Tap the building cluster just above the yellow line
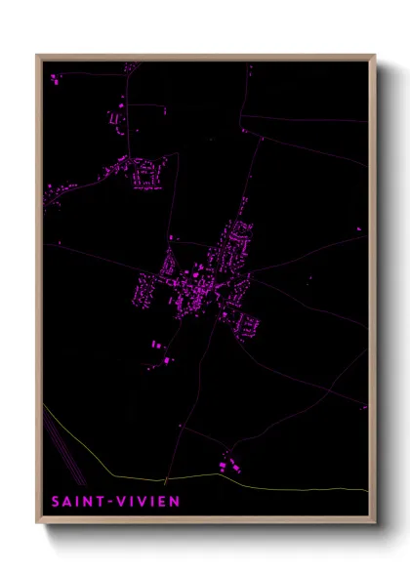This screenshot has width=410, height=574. point(228,464)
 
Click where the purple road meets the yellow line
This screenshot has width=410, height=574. point(165,480)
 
